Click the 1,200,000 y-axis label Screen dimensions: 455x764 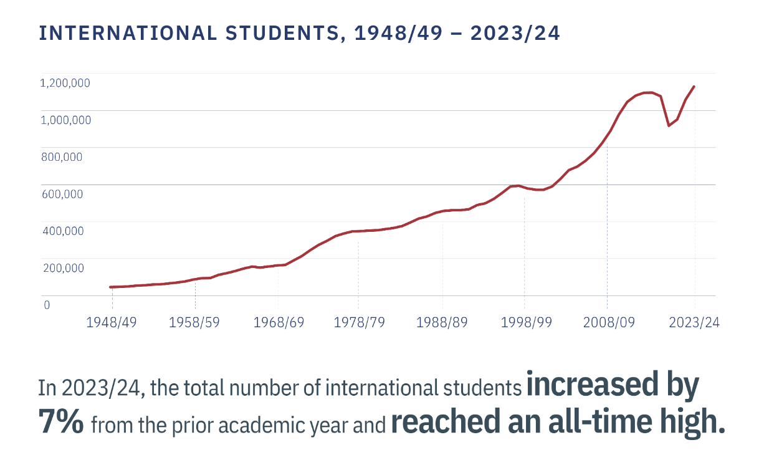tap(65, 82)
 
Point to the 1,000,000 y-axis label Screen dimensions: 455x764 tap(65, 120)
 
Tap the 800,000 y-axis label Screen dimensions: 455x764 tap(62, 156)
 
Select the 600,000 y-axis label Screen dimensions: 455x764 tap(62, 194)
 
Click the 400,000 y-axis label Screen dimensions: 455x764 tap(62, 231)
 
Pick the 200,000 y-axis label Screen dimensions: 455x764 tap(62, 268)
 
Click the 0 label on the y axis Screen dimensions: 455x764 tap(45, 305)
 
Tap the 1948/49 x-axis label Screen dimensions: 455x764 tap(112, 322)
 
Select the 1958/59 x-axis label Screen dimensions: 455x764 tap(195, 322)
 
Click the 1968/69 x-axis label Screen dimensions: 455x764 tap(279, 322)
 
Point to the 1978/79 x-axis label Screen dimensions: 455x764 tap(359, 322)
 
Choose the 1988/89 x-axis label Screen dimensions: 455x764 tap(442, 322)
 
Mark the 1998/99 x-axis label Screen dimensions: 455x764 tap(525, 322)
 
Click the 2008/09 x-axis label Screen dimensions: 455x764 tap(607, 322)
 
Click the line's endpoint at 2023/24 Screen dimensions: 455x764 tap(694, 87)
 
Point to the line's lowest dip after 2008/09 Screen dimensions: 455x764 tap(669, 125)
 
